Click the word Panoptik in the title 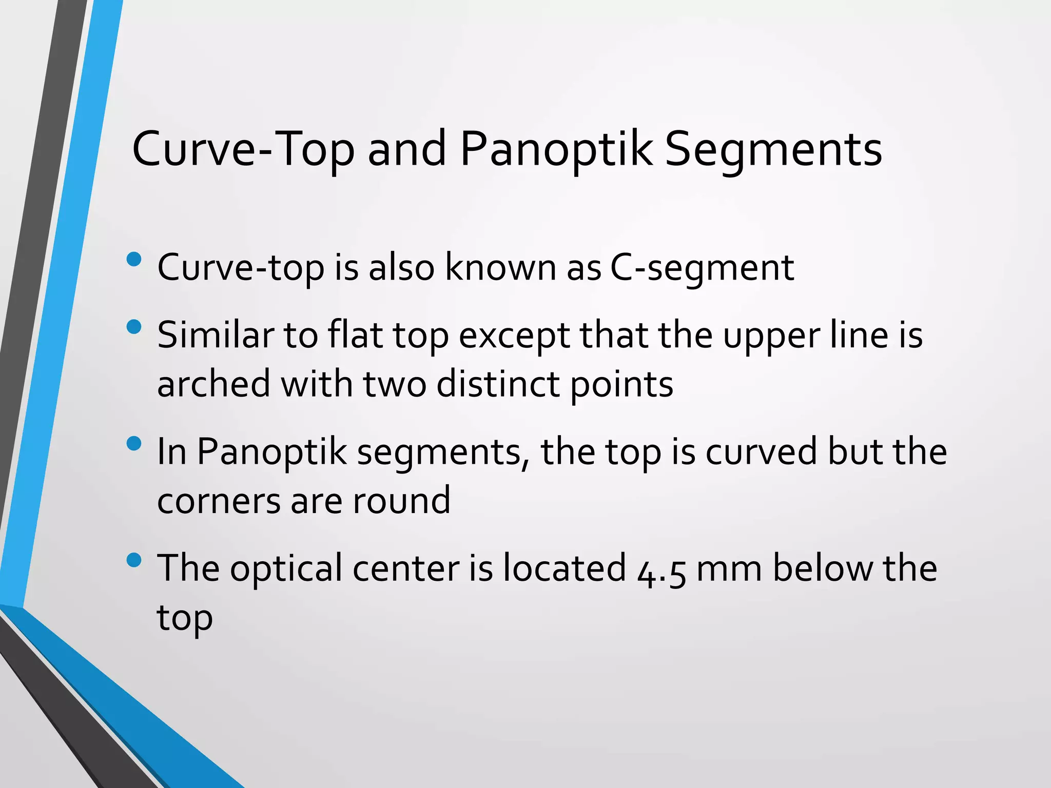556,149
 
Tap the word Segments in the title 773,150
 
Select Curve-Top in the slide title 243,149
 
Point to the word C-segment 702,268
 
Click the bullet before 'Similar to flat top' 133,327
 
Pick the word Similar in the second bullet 216,334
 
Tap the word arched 213,384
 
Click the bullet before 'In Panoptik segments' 133,443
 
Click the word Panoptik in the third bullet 272,451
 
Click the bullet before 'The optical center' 133,560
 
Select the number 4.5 661,569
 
